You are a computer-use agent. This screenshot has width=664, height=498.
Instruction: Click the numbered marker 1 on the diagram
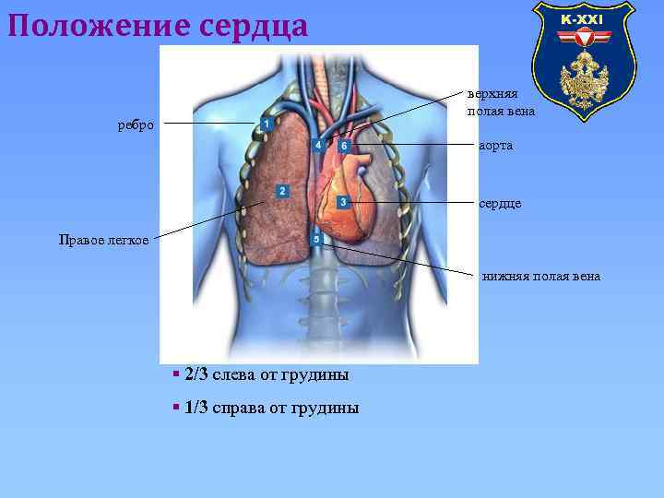[266, 124]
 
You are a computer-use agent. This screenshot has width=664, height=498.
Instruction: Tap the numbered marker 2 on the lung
[282, 191]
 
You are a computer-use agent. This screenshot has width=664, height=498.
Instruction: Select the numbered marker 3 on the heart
[342, 201]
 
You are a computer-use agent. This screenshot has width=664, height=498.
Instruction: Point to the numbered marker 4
[317, 146]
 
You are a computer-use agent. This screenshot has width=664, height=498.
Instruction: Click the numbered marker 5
[316, 240]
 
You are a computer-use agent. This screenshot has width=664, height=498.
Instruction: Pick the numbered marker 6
[343, 146]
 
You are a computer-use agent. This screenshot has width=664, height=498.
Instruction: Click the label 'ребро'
[136, 125]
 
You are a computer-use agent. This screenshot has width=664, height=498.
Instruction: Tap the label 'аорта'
[496, 146]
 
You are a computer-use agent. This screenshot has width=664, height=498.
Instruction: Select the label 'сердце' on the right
[500, 202]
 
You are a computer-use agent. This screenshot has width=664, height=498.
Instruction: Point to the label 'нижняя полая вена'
[541, 275]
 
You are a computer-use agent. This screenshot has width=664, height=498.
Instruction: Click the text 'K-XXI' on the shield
[583, 19]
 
